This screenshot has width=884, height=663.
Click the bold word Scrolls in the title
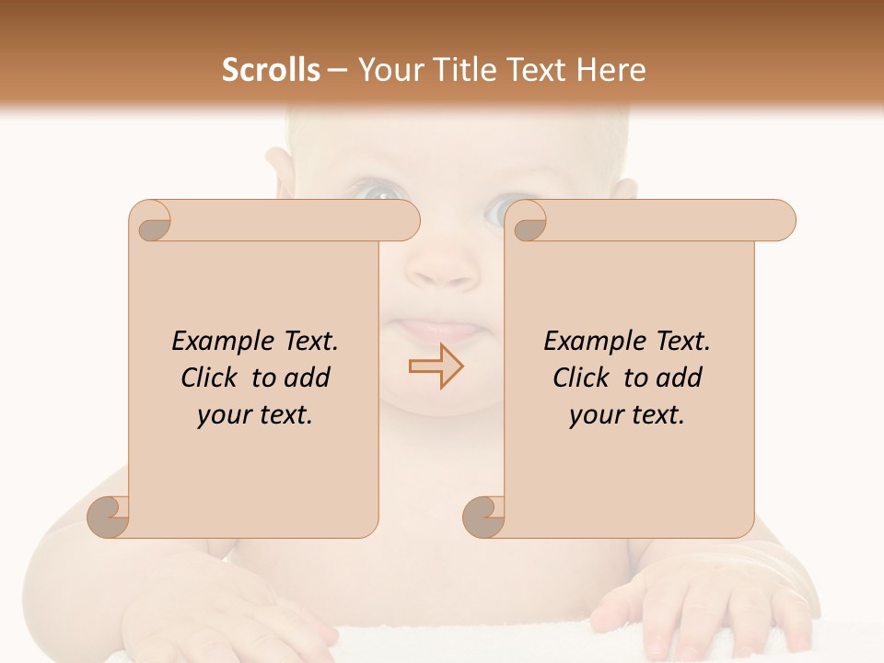[271, 70]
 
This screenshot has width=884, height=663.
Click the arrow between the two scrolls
[436, 366]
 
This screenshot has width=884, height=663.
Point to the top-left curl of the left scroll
[151, 222]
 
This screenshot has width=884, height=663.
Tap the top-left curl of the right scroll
[527, 222]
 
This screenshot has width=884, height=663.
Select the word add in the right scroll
[680, 378]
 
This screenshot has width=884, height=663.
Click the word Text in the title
[536, 70]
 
